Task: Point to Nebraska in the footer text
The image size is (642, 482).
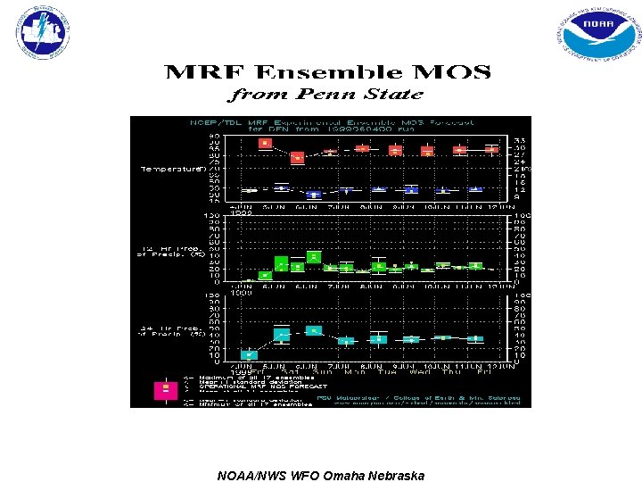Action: coord(397,475)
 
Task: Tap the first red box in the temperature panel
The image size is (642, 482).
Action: coord(264,143)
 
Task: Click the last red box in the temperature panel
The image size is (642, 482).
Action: coord(490,149)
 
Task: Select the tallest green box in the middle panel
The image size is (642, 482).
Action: coord(313,257)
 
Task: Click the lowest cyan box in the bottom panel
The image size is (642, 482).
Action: coord(249,354)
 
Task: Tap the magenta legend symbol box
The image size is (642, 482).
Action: coord(165,389)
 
